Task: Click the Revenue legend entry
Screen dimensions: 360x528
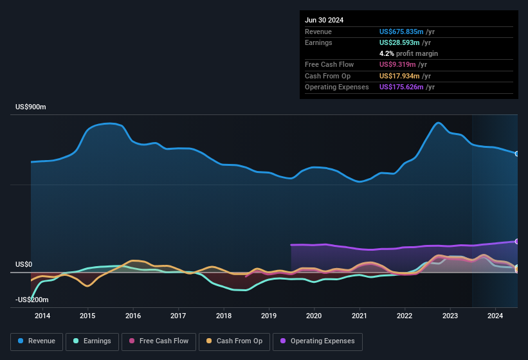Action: [x=37, y=341]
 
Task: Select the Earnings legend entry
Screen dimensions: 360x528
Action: [x=92, y=341]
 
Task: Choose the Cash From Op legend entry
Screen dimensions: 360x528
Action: [x=233, y=341]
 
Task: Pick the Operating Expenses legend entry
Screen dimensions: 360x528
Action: [x=318, y=341]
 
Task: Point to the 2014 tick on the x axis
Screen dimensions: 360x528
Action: [x=42, y=316]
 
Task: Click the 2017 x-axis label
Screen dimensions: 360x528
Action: [x=178, y=316]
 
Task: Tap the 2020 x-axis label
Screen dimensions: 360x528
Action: [x=314, y=316]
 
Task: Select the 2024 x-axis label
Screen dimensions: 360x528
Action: [x=495, y=316]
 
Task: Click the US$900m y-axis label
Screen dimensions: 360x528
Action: [x=30, y=107]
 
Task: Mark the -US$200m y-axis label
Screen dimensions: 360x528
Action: [x=32, y=300]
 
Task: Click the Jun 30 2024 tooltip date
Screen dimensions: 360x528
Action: [x=324, y=20]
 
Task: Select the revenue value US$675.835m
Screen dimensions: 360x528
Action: [x=401, y=32]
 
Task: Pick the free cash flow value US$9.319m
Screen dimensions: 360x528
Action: [x=397, y=64]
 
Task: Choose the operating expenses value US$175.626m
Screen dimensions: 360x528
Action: [x=401, y=87]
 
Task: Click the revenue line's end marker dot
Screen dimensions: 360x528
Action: [x=517, y=154]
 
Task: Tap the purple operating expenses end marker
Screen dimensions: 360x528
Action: [x=517, y=242]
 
